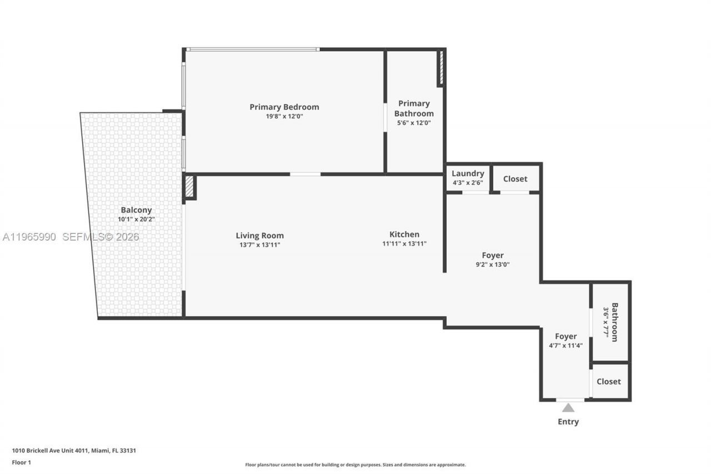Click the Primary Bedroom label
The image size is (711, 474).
(284, 107)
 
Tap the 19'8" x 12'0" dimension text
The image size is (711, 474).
(284, 116)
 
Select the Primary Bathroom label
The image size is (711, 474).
(414, 108)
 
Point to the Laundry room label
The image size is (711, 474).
(468, 173)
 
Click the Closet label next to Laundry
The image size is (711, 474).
(515, 179)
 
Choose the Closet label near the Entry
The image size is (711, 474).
(609, 381)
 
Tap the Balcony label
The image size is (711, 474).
(136, 210)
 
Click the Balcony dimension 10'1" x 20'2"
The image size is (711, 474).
(136, 219)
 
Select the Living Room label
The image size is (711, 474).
(259, 236)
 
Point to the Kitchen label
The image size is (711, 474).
(404, 234)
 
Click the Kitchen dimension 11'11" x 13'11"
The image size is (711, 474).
(404, 243)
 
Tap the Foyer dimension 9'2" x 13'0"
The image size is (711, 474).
(493, 265)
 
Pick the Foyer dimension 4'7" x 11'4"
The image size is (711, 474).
(565, 345)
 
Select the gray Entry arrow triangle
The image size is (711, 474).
(568, 407)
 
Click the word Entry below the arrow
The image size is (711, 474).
(568, 422)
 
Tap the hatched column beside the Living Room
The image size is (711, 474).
(189, 187)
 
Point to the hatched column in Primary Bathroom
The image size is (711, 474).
(440, 68)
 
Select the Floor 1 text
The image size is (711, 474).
(22, 462)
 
